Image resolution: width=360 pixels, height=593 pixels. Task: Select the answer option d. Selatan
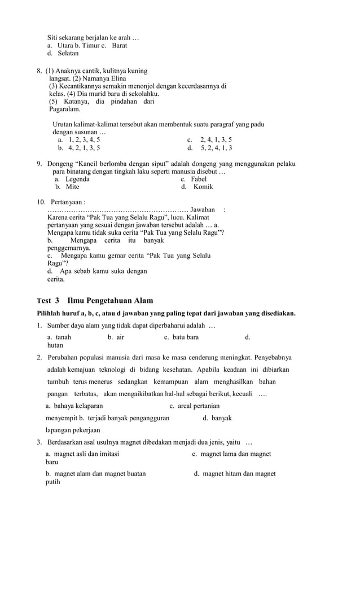click(63, 53)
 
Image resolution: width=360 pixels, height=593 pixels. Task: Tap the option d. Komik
click(197, 187)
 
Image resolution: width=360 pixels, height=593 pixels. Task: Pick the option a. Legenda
click(72, 179)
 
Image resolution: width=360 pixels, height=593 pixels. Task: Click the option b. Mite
click(67, 187)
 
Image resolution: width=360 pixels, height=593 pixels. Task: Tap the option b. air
click(116, 337)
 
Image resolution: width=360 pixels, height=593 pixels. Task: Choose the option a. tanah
click(59, 337)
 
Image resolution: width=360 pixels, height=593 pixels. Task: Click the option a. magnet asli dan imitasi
click(82, 454)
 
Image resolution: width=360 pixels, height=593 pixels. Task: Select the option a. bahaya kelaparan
click(74, 406)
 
